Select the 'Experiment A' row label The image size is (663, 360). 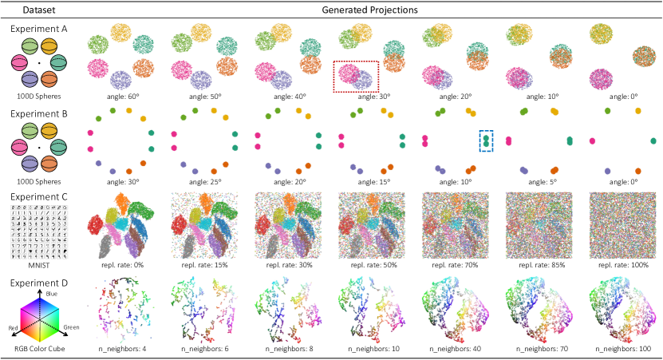[38, 28]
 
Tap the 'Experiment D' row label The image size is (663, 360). [38, 280]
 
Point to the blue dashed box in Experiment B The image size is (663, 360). [486, 140]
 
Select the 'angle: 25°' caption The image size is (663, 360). [203, 182]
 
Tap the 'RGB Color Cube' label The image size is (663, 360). [38, 350]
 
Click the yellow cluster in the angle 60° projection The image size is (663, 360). [122, 33]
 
